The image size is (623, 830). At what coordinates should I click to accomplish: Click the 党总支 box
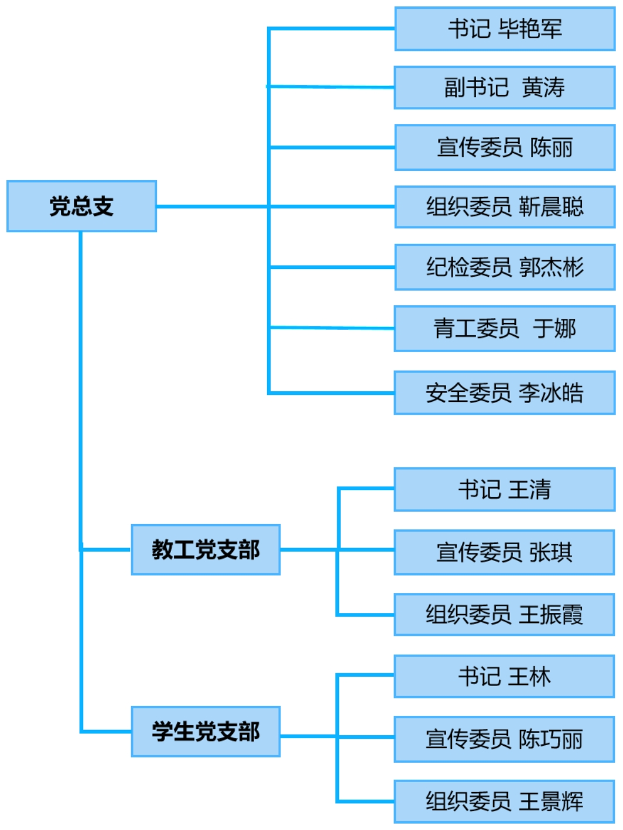81,206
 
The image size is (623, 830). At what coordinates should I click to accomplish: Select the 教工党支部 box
206,550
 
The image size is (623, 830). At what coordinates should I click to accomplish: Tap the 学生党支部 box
206,732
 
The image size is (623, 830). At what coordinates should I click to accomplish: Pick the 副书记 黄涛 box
505,88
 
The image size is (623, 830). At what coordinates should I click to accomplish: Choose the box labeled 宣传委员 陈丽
505,147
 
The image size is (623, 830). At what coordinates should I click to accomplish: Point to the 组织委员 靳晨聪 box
505,206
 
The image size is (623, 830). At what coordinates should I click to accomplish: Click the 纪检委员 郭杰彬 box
505,267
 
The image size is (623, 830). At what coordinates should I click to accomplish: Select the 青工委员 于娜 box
505,328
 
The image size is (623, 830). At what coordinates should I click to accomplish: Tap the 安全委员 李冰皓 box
505,392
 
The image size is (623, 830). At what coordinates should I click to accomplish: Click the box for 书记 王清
505,490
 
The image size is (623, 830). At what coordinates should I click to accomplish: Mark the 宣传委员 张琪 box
505,552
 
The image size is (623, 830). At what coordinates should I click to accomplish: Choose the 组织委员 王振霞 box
505,615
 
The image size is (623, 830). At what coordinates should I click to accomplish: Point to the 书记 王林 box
505,677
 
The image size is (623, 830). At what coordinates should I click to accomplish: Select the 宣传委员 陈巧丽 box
505,739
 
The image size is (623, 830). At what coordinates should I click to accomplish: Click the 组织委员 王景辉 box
505,801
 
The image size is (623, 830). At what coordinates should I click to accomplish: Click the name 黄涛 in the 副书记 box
543,88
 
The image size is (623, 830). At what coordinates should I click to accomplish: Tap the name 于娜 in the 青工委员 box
554,328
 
